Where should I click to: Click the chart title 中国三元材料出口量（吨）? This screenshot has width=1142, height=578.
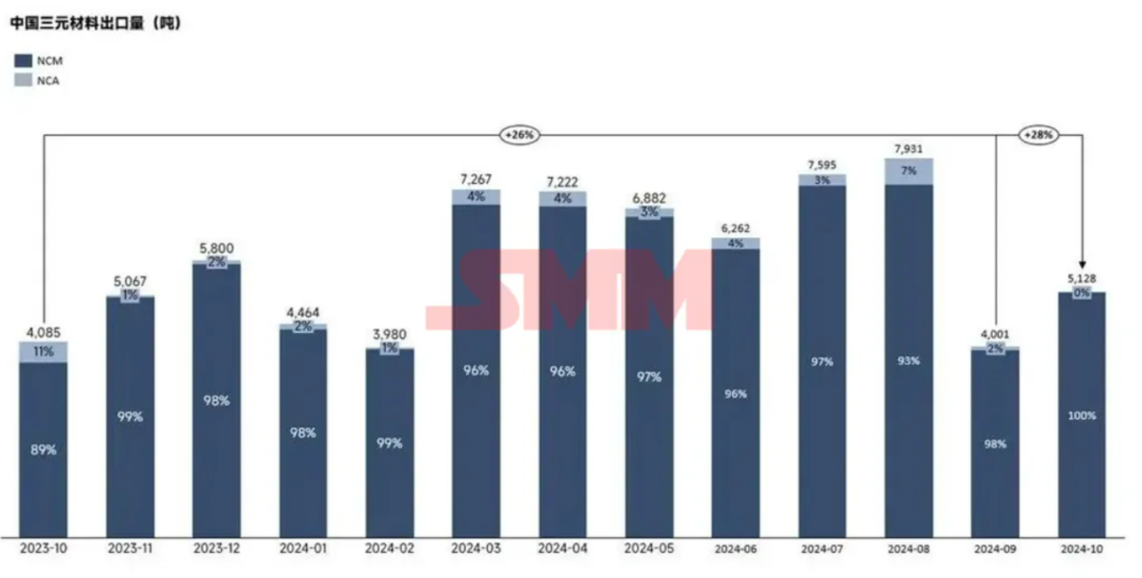96,24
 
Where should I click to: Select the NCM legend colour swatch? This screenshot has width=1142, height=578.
24,60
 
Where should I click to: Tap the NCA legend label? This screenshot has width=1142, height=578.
50,81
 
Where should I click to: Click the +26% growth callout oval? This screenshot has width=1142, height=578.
519,135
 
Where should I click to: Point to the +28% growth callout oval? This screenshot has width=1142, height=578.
1036,135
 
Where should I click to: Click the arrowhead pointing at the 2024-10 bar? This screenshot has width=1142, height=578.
1082,264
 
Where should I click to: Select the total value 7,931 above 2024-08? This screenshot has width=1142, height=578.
909,149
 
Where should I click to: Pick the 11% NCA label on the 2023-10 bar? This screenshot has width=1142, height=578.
43,352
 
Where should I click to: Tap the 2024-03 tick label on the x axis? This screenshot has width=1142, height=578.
476,550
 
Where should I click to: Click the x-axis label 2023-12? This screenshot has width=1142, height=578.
216,550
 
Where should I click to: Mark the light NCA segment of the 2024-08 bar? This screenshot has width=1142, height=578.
909,171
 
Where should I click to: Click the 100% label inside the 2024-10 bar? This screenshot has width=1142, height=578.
1082,416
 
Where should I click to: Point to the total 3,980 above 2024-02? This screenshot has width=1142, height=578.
390,334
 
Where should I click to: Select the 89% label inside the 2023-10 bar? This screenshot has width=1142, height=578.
43,450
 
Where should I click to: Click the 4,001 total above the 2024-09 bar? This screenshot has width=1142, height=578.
995,334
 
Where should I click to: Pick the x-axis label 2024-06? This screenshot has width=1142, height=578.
736,550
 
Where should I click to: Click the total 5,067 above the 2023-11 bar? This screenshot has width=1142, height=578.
130,281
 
